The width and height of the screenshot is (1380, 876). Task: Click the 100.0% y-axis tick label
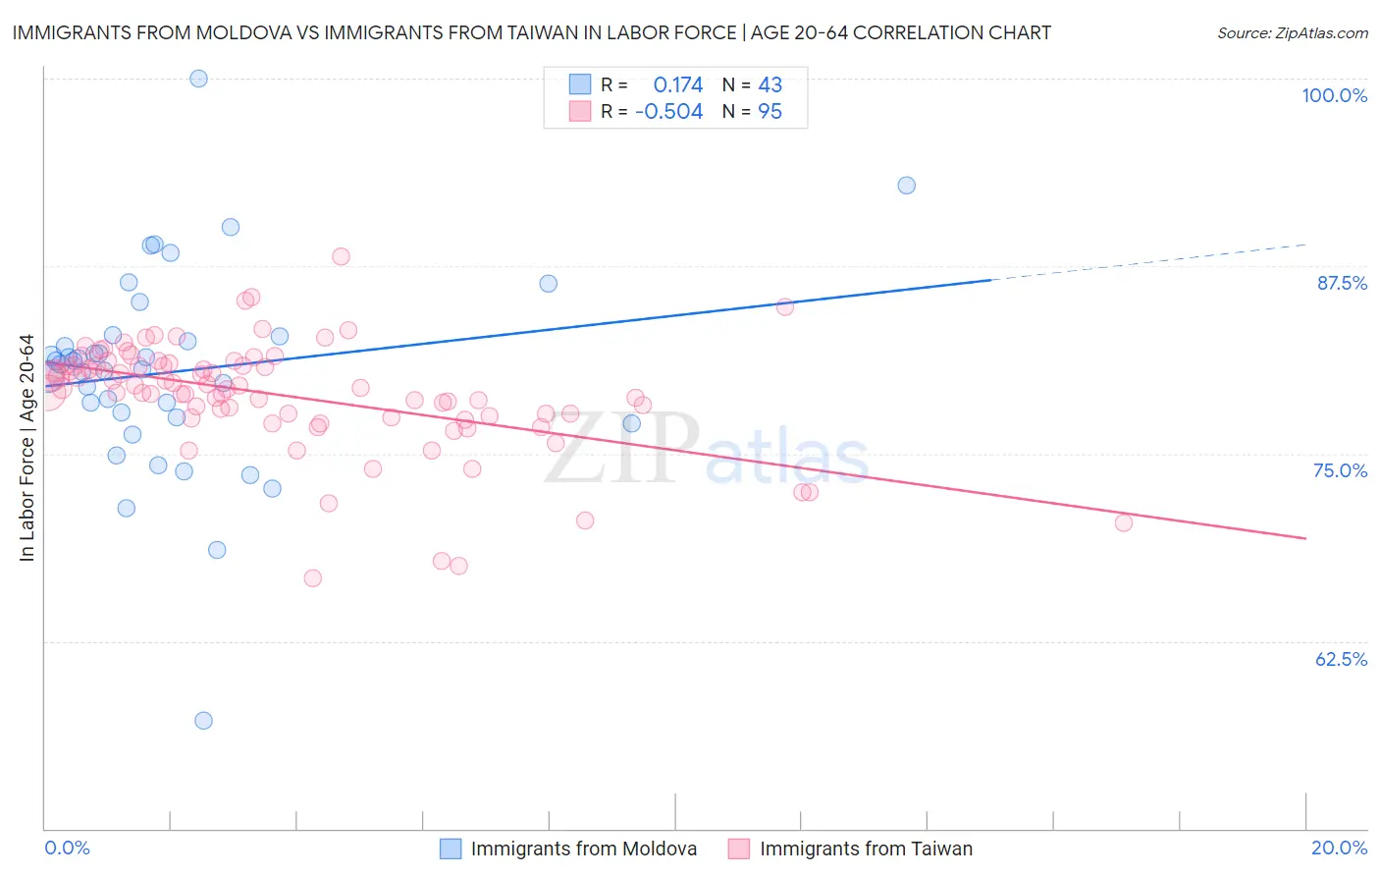[1334, 95]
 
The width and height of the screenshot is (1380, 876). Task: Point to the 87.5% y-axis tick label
[1342, 283]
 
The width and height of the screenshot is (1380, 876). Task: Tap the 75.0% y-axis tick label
[1340, 470]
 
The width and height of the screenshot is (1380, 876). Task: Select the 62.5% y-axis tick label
[1341, 659]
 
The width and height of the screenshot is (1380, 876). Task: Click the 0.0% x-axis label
[67, 848]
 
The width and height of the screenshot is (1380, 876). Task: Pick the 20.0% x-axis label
[1339, 848]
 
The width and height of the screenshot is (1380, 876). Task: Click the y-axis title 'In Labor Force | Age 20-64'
[27, 448]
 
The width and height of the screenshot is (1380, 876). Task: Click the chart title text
[531, 32]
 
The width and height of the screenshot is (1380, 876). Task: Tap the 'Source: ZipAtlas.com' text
[1292, 32]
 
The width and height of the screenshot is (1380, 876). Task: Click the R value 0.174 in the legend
[678, 84]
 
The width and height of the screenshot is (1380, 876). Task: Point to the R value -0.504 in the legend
[669, 112]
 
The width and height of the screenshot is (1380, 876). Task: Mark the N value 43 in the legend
[770, 84]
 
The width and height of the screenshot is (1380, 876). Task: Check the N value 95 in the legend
[770, 112]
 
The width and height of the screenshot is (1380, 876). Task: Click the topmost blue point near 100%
[198, 79]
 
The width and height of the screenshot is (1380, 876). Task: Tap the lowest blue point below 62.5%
[203, 721]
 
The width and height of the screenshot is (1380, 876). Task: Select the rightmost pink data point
[1124, 522]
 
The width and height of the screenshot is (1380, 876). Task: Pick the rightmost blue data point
[907, 186]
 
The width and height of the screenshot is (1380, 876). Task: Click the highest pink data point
[341, 256]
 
